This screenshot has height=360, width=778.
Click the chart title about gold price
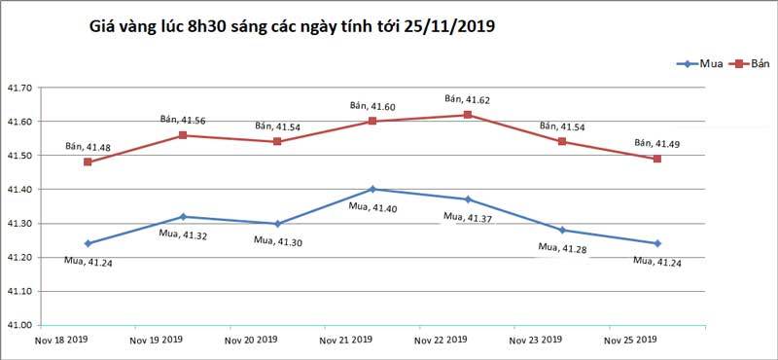[292, 29]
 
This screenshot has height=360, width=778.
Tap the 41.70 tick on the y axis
[19, 88]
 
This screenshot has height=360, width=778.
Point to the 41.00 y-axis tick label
[19, 325]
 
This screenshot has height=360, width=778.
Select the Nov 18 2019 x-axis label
[61, 340]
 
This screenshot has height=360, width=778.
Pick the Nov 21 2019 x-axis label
[345, 340]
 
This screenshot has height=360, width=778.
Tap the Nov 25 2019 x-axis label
[630, 340]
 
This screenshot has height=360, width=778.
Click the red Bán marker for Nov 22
[468, 115]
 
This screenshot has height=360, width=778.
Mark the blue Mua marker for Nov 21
[372, 189]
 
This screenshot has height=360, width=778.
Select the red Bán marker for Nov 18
[88, 162]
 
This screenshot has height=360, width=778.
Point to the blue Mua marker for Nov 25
[657, 243]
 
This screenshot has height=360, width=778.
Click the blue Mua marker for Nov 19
[183, 216]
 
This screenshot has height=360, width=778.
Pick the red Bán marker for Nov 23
[562, 142]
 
